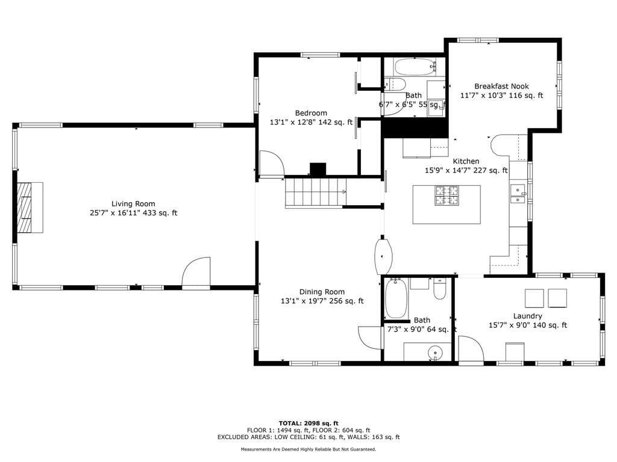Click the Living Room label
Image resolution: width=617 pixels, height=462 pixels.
[133, 203]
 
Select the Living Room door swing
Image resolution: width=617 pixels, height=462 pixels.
[196, 272]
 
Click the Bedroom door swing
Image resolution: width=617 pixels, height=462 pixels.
[271, 164]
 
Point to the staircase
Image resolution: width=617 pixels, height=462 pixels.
[316, 192]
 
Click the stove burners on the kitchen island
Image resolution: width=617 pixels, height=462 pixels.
[446, 196]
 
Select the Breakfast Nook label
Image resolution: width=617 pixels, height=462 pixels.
[501, 86]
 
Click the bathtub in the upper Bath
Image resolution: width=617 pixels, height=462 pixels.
[415, 67]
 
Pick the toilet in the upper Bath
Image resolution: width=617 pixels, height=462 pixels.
[395, 84]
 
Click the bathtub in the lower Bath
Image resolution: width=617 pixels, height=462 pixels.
[395, 298]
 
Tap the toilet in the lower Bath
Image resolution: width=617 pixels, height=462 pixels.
[439, 289]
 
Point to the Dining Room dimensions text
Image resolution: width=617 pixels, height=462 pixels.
[322, 301]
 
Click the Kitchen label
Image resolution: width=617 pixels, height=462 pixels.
[466, 161]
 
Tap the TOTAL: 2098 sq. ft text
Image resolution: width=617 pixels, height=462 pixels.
[308, 423]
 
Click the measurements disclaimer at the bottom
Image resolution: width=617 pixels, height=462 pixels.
[308, 449]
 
